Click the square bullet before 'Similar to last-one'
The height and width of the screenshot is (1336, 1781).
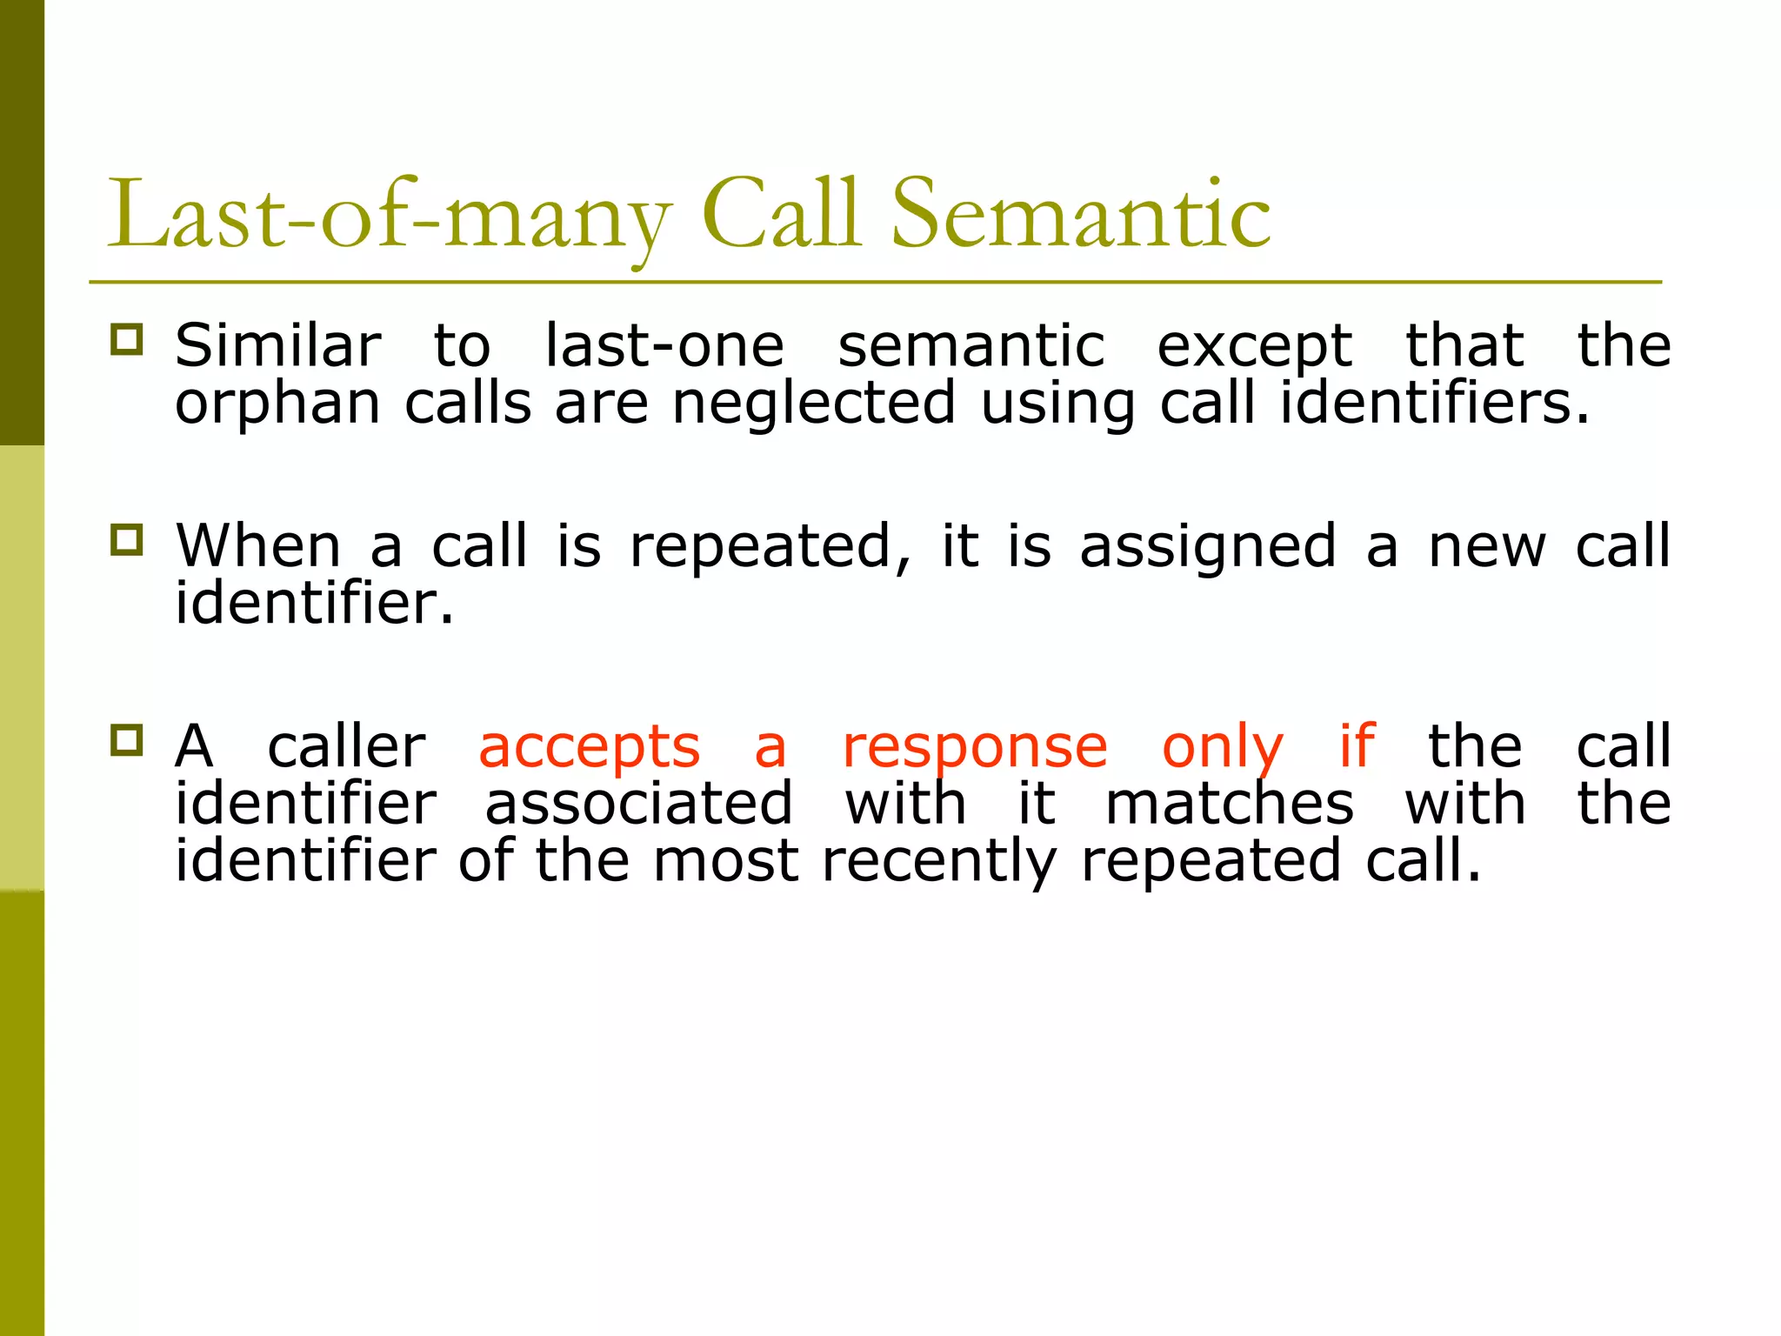(127, 339)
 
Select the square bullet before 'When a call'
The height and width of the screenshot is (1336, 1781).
(127, 539)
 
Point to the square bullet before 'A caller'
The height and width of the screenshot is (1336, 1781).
(127, 739)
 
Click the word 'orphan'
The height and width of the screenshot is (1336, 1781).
(277, 405)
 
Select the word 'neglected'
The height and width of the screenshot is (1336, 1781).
(813, 405)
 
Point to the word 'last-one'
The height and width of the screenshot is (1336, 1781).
(664, 346)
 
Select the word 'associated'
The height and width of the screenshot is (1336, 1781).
(638, 803)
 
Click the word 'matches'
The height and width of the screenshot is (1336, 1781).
(1229, 803)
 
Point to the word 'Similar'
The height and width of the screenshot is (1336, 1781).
(277, 345)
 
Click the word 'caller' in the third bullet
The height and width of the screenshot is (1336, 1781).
(346, 746)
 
